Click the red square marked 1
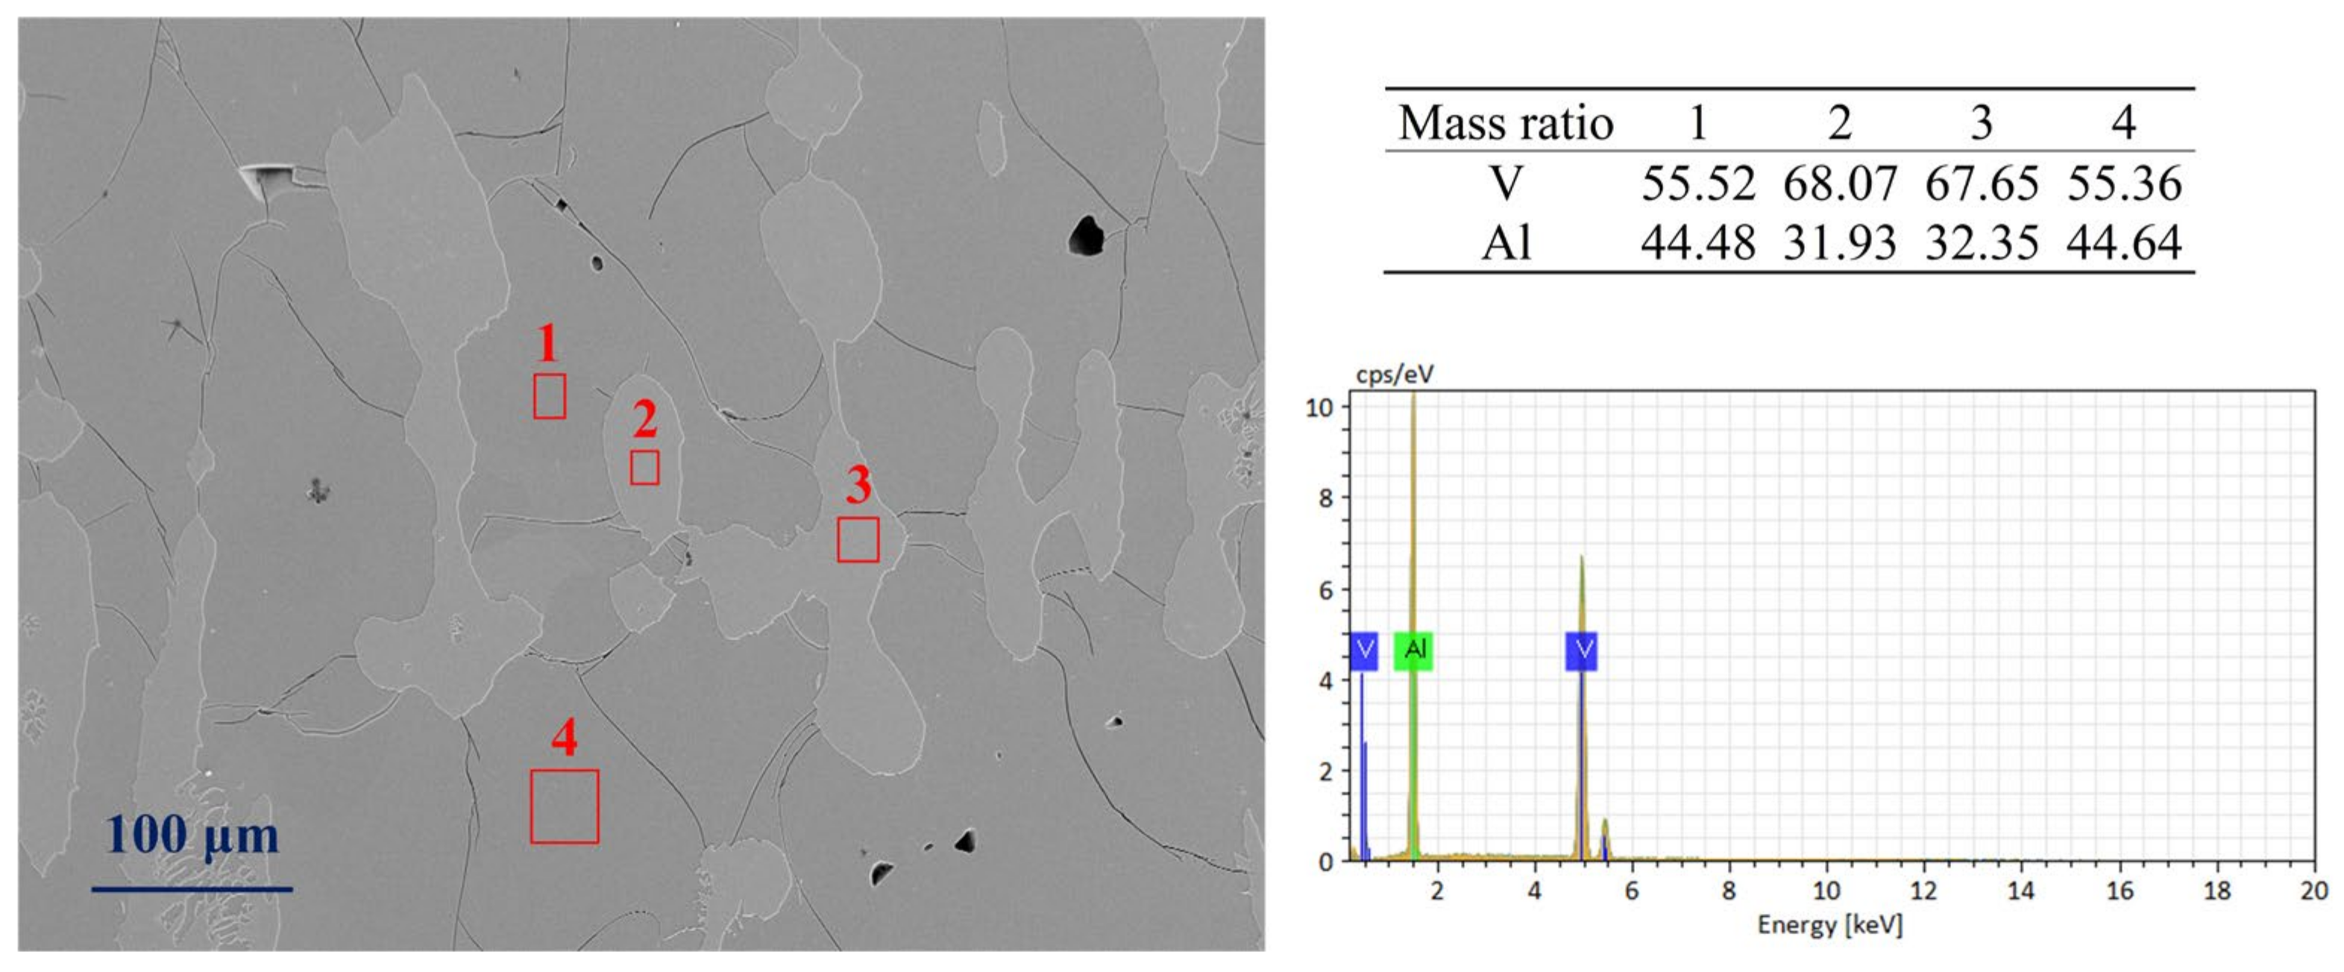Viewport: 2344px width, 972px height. tap(549, 396)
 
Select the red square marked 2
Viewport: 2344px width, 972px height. tap(644, 467)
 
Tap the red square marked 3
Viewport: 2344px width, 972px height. tap(857, 539)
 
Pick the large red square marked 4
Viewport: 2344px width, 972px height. tap(564, 806)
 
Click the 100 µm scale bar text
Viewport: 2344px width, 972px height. tap(192, 835)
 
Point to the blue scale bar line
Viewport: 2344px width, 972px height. tap(192, 889)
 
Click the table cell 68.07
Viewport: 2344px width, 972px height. tap(1839, 183)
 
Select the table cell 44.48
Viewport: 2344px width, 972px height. tap(1698, 243)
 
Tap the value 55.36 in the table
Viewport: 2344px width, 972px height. tap(2124, 183)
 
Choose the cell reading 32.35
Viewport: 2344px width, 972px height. tap(1981, 243)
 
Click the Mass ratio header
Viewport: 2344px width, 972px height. tap(1505, 123)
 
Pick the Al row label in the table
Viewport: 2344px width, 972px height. tap(1506, 243)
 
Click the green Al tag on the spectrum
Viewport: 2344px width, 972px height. tap(1414, 650)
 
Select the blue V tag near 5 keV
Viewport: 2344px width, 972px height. tap(1582, 650)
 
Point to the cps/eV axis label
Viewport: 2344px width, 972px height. tap(1394, 374)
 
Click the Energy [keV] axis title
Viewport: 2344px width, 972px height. tap(1829, 926)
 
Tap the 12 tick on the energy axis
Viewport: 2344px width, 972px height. tap(1923, 890)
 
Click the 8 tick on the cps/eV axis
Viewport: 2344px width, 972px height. tap(1325, 498)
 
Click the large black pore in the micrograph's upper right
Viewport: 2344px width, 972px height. tap(1086, 235)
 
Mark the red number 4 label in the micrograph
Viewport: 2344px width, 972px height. tap(564, 737)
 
